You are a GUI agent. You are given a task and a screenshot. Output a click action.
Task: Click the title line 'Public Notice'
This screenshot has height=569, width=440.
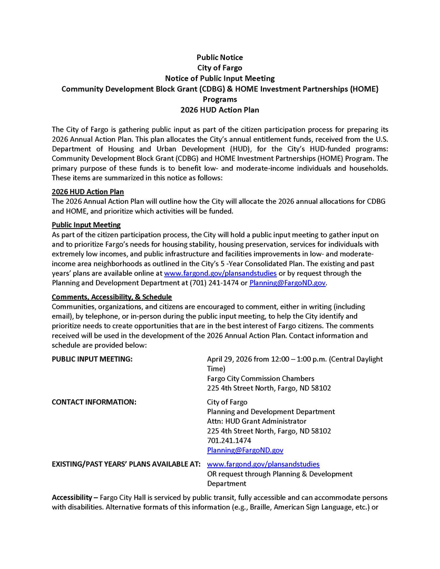point(220,57)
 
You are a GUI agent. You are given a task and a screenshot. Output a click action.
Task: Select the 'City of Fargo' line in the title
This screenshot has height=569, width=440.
point(220,67)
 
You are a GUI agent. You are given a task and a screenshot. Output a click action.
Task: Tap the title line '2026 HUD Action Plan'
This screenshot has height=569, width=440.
point(220,110)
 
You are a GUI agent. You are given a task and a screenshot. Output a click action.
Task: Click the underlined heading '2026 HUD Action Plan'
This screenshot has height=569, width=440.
point(87,192)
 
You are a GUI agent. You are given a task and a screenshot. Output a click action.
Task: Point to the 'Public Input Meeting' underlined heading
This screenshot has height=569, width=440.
point(86,225)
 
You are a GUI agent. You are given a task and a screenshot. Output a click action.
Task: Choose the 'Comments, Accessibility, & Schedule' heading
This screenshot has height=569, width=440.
point(112,297)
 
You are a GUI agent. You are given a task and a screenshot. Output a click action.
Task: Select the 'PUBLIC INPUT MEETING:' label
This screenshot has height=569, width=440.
point(92,359)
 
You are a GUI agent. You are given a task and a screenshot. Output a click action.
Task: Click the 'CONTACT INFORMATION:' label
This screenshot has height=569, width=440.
point(94,402)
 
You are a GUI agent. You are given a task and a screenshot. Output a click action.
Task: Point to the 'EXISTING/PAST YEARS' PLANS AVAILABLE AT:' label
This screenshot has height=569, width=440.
point(125,464)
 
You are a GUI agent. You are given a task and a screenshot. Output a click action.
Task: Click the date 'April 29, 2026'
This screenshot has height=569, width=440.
point(229,359)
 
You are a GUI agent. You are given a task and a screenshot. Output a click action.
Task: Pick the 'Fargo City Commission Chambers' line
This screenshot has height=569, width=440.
point(260,378)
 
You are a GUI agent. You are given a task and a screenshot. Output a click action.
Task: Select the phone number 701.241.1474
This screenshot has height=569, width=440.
point(229,440)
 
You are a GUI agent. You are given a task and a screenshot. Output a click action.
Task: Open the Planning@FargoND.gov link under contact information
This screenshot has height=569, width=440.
point(245,450)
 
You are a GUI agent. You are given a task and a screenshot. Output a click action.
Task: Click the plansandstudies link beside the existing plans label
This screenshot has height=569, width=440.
point(263,464)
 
